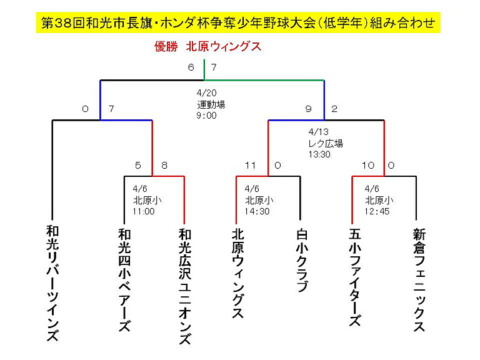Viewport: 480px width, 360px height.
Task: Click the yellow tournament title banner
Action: click(238, 22)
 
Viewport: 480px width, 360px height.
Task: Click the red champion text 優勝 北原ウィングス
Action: click(208, 47)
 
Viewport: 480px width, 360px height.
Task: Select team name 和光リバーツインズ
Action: click(52, 283)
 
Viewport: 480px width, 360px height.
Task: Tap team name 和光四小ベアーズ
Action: click(124, 281)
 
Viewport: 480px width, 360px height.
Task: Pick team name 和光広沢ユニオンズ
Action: click(185, 287)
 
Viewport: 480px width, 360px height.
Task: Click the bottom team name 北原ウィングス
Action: click(238, 274)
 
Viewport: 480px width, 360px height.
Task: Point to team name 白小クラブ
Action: click(302, 261)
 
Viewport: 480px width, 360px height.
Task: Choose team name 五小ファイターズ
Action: click(355, 277)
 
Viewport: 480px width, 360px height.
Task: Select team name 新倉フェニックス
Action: click(419, 280)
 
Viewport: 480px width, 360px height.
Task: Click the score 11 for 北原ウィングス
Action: click(251, 166)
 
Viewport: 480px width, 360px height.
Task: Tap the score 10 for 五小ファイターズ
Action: click(368, 166)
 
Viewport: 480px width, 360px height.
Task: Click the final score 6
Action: click(191, 67)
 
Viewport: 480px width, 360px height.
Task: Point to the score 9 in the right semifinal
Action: click(308, 109)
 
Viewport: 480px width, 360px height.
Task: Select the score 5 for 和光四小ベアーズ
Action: click(138, 166)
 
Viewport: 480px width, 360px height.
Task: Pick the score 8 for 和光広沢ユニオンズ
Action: click(164, 166)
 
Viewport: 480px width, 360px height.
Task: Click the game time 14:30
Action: click(257, 211)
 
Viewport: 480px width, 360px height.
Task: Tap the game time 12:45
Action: click(377, 211)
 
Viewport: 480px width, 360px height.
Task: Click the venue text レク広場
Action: click(326, 143)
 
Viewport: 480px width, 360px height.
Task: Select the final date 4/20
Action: click(207, 92)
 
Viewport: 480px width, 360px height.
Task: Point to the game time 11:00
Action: click(144, 211)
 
